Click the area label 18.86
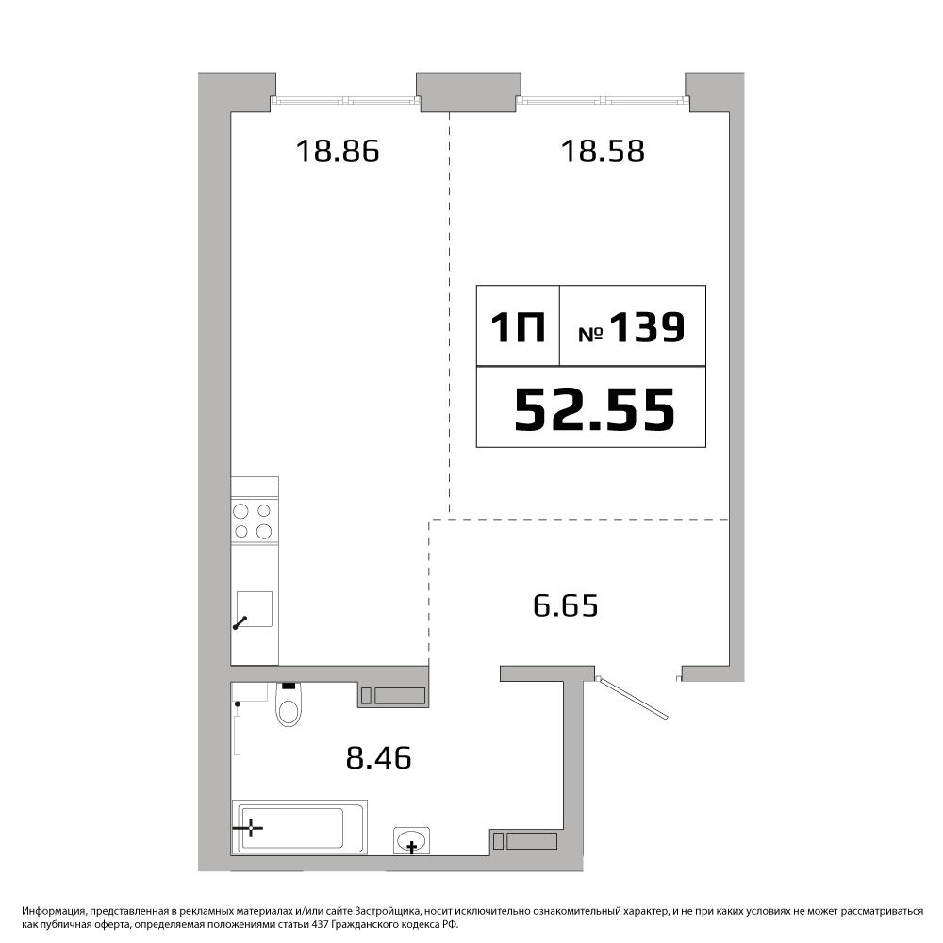click(338, 151)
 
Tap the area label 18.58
click(603, 151)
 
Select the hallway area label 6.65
click(565, 605)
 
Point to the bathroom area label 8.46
click(378, 758)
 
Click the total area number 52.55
click(595, 409)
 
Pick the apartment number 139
click(647, 327)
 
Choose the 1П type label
click(518, 328)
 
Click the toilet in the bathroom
click(290, 704)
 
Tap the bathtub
click(300, 827)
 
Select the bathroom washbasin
click(411, 840)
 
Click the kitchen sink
click(254, 609)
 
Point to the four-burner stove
click(255, 521)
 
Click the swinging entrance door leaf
click(634, 698)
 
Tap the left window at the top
click(346, 101)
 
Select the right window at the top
click(603, 101)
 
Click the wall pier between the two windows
click(469, 92)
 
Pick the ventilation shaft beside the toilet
click(393, 696)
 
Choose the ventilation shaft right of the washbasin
click(525, 841)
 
